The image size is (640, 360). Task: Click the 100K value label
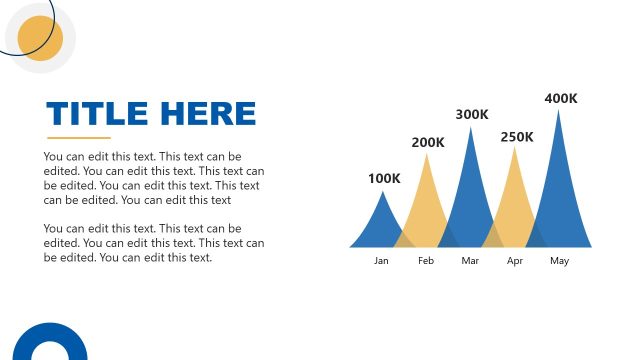[384, 179]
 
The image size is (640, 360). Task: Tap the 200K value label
[428, 142]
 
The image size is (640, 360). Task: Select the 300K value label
[472, 114]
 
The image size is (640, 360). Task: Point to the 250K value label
[517, 136]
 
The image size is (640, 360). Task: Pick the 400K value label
[561, 98]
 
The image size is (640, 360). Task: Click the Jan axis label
[381, 261]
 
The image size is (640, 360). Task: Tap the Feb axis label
[426, 261]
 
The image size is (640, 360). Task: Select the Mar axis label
[471, 261]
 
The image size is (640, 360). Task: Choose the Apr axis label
[515, 261]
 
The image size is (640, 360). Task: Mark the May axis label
[560, 261]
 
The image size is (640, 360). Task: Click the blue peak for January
[381, 225]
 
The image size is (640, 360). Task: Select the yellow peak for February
[427, 205]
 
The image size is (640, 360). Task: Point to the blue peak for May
[559, 185]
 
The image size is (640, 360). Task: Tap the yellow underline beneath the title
[79, 138]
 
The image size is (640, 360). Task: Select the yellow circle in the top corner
[41, 38]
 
